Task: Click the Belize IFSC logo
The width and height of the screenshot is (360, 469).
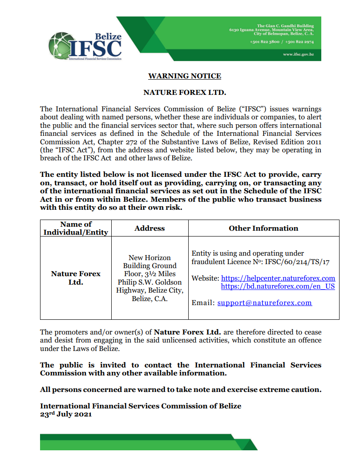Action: tap(85, 46)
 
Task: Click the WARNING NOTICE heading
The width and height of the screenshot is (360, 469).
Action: tap(184, 76)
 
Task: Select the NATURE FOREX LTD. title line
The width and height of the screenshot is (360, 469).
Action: tap(184, 93)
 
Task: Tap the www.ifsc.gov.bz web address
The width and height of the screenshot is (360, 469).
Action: tap(299, 54)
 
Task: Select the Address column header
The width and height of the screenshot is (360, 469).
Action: tap(150, 228)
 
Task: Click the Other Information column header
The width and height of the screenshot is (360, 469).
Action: tap(263, 228)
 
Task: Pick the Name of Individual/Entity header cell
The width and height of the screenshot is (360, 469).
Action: tap(76, 228)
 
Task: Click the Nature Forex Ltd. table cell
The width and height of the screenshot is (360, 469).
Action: tap(76, 278)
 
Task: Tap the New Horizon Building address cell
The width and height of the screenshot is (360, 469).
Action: tap(150, 278)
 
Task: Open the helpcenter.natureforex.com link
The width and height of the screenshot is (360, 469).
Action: tap(278, 278)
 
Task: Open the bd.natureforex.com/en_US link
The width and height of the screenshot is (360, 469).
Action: tap(278, 286)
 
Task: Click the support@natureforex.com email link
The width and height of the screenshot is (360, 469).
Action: tap(264, 303)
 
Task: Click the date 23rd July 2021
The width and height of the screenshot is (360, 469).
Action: tap(66, 414)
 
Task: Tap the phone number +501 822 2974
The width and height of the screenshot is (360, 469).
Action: tap(299, 41)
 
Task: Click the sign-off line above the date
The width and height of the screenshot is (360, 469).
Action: tap(141, 406)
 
